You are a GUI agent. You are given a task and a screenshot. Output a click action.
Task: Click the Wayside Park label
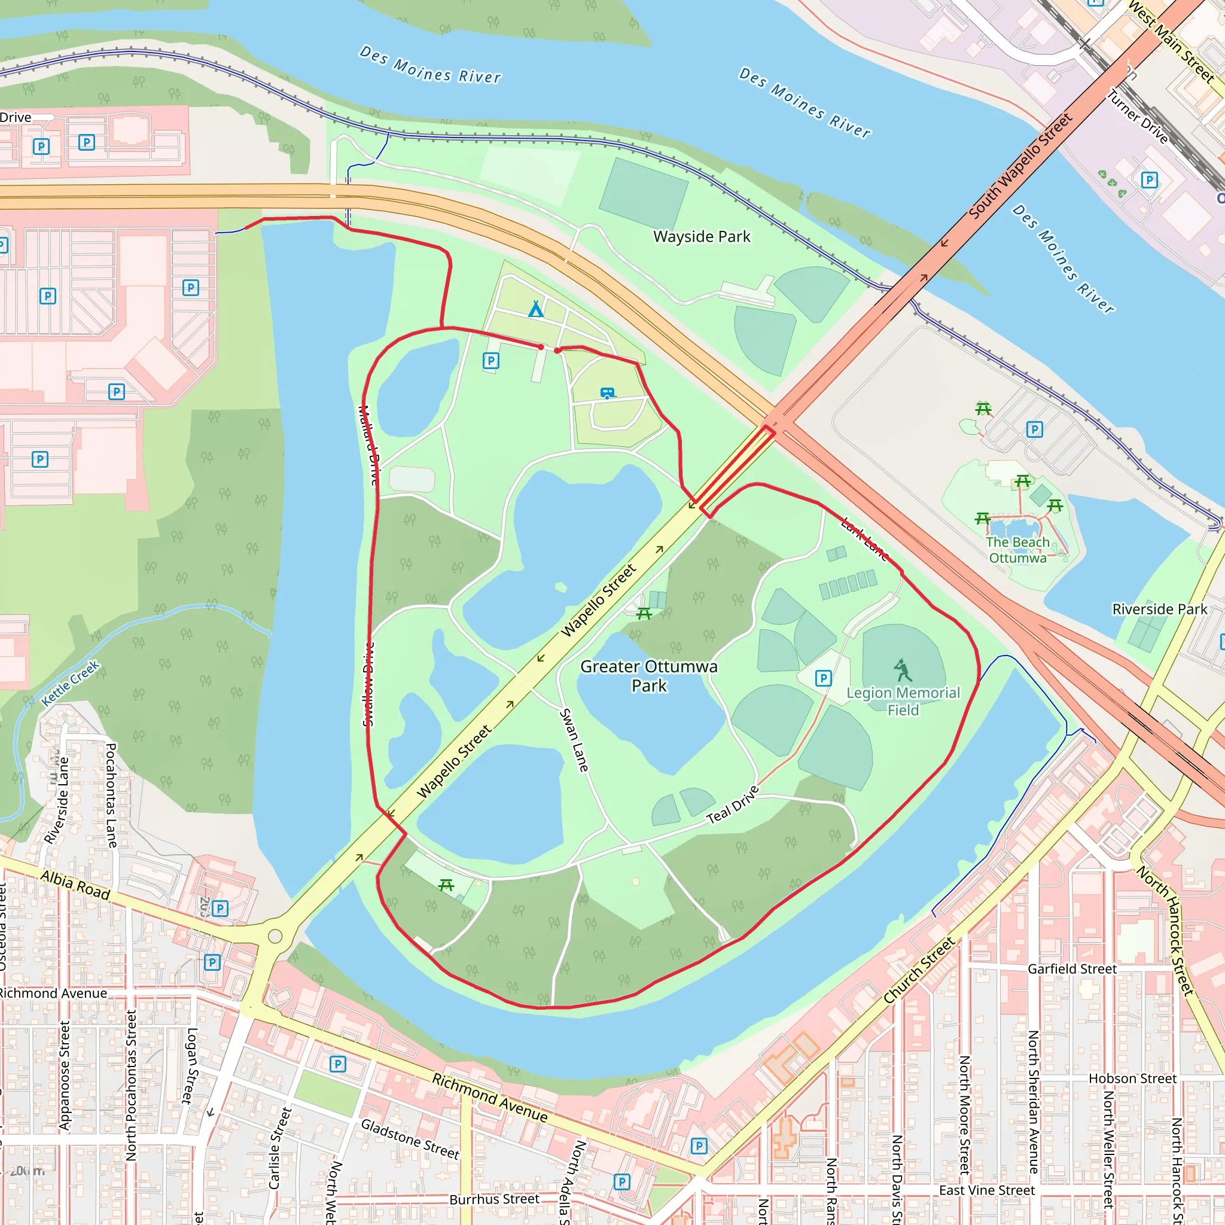pyautogui.click(x=701, y=236)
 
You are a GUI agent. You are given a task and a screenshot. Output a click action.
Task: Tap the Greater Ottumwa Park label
pyautogui.click(x=648, y=676)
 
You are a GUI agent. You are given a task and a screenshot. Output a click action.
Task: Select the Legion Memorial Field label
pyautogui.click(x=903, y=701)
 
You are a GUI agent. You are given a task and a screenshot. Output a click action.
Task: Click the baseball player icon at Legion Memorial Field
pyautogui.click(x=902, y=670)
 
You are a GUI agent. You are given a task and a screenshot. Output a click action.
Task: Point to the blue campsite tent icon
pyautogui.click(x=536, y=309)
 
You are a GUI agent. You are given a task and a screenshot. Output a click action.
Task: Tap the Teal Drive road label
pyautogui.click(x=732, y=805)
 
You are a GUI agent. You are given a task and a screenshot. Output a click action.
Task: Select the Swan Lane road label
pyautogui.click(x=574, y=740)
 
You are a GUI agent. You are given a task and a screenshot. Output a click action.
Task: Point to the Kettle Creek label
pyautogui.click(x=71, y=684)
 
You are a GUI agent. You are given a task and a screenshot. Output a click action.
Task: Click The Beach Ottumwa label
pyautogui.click(x=1017, y=550)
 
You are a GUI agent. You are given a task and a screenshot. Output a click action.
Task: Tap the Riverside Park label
pyautogui.click(x=1160, y=609)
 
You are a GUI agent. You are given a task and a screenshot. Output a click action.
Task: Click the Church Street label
pyautogui.click(x=919, y=971)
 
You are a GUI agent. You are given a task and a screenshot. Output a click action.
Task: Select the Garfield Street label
pyautogui.click(x=1071, y=969)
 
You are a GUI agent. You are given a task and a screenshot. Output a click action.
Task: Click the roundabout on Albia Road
pyautogui.click(x=275, y=936)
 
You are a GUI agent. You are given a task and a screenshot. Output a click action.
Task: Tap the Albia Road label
pyautogui.click(x=75, y=885)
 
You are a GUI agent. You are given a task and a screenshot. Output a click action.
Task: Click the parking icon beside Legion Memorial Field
pyautogui.click(x=823, y=678)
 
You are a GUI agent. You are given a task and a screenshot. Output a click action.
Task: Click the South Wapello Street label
pyautogui.click(x=1020, y=166)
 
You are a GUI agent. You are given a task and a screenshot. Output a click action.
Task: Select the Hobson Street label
pyautogui.click(x=1132, y=1078)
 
